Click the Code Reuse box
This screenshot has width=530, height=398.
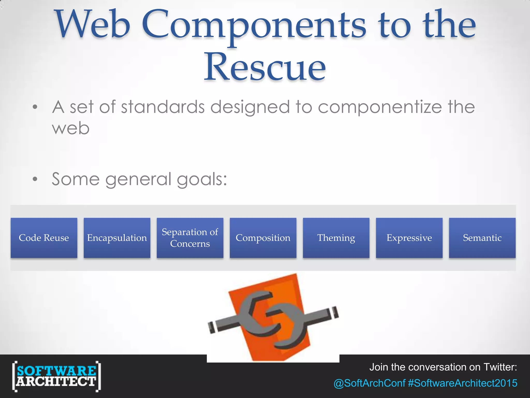[x=44, y=238]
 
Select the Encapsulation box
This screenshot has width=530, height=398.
[x=117, y=238]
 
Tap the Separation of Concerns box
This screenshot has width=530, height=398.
[x=190, y=238]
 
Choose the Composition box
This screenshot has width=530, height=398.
[x=263, y=238]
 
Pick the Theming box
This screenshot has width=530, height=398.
[x=336, y=238]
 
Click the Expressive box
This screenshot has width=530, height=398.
[x=409, y=238]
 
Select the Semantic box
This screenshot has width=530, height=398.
[x=482, y=238]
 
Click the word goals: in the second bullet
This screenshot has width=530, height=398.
[x=202, y=180]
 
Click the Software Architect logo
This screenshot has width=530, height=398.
[x=56, y=376]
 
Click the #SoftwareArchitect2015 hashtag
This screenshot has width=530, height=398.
[x=462, y=383]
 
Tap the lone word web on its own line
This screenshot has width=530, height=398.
[x=71, y=128]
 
